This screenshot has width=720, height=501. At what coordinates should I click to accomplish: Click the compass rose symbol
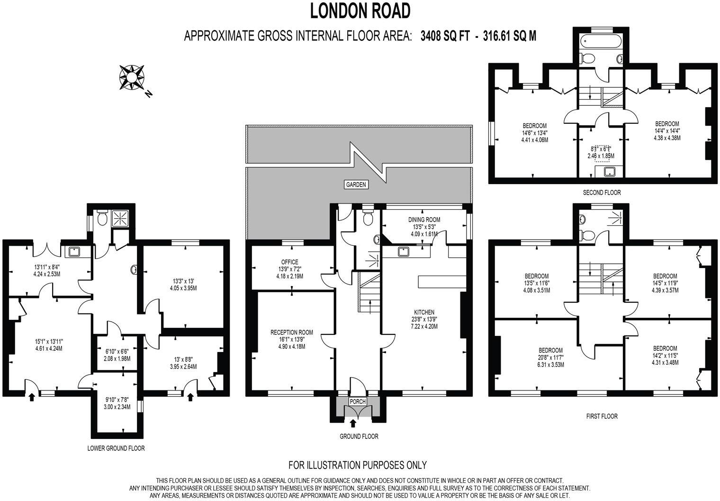[x=132, y=77]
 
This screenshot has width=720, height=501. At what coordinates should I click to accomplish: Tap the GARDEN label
[x=356, y=185]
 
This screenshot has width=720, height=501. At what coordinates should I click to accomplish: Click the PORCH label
[x=358, y=401]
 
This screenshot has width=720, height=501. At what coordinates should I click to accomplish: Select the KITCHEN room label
[x=424, y=312]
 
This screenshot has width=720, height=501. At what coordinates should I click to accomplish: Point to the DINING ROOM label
[x=424, y=220]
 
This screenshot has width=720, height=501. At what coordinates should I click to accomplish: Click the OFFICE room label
[x=289, y=262]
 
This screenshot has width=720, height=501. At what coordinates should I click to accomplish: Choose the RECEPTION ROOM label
[x=292, y=333]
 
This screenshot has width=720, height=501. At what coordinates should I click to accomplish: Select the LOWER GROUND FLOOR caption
[x=116, y=448]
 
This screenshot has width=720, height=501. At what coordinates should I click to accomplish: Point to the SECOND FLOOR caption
[x=602, y=193]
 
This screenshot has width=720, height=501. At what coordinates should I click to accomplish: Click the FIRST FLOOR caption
[x=601, y=416]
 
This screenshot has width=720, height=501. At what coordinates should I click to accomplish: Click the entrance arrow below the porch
[x=352, y=423]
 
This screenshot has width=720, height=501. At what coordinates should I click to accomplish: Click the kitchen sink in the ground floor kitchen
[x=404, y=251]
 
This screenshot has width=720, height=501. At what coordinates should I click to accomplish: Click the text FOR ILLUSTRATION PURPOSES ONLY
[x=358, y=464]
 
